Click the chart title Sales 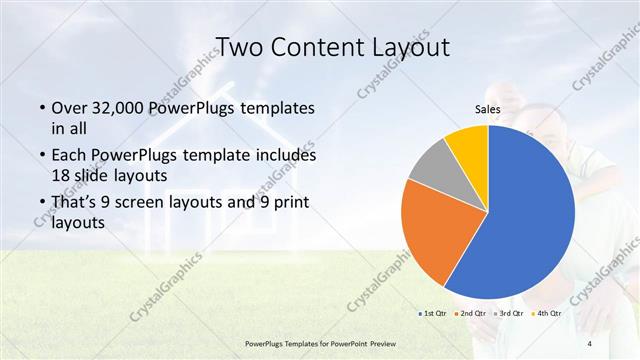[x=487, y=110]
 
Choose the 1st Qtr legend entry [x=434, y=314]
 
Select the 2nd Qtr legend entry [x=473, y=314]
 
